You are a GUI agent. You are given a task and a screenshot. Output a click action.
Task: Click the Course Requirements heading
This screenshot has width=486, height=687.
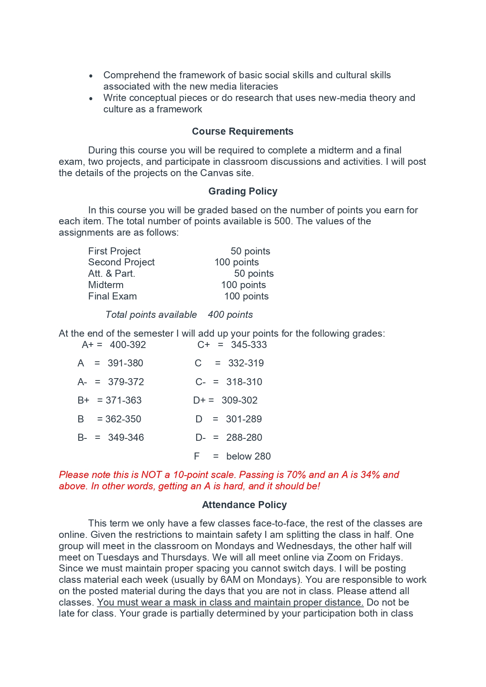click(242, 132)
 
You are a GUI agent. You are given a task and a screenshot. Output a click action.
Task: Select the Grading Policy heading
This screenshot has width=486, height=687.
click(243, 191)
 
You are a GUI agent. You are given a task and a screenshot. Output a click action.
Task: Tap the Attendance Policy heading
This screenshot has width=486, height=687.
click(244, 505)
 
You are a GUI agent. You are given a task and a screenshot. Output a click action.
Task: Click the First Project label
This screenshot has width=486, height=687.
click(114, 251)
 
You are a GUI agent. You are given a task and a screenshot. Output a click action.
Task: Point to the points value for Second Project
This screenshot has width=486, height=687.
click(237, 262)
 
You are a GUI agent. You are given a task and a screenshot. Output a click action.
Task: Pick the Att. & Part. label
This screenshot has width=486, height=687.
click(112, 274)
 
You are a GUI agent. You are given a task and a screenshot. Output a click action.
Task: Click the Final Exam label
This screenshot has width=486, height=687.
click(112, 296)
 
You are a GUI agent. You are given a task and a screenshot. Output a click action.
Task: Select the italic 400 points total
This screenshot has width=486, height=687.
click(230, 315)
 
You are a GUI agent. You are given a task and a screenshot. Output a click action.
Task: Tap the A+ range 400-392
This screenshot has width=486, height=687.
click(128, 345)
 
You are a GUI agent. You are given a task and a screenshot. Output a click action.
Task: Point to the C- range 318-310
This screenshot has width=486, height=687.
click(244, 382)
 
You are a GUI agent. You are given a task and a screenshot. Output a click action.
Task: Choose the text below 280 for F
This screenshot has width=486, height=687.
click(248, 456)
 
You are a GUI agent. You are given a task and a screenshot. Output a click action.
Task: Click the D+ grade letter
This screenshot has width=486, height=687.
click(199, 400)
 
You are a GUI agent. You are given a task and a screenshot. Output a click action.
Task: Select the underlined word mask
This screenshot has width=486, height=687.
click(184, 602)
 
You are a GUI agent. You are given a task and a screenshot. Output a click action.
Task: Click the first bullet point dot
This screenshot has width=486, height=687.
click(91, 76)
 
